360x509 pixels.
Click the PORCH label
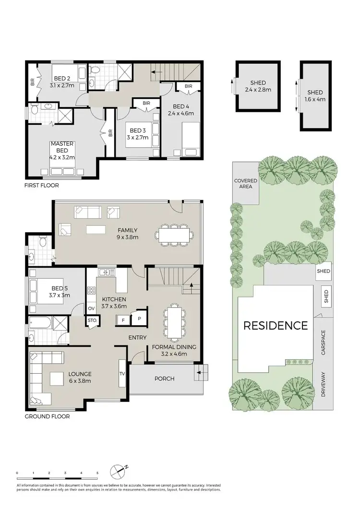(164, 379)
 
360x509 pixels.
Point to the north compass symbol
(118, 472)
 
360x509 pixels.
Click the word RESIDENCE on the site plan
(276, 326)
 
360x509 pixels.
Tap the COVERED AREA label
(245, 184)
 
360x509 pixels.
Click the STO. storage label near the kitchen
(92, 320)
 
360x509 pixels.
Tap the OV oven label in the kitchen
(91, 308)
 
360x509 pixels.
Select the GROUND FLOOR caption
(47, 416)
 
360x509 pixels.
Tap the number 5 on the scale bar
(97, 473)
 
